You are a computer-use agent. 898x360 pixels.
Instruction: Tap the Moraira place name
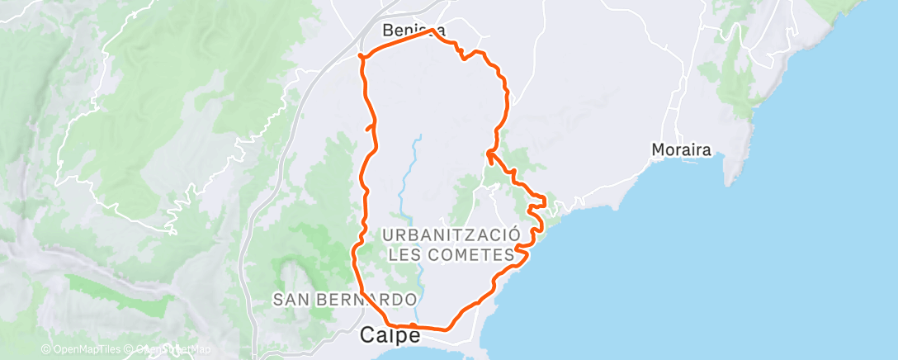click(x=682, y=150)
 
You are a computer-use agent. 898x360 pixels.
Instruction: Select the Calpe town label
click(x=391, y=336)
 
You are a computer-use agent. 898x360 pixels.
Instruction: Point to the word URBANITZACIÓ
click(x=451, y=234)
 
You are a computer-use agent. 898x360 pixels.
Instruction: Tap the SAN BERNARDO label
click(x=345, y=299)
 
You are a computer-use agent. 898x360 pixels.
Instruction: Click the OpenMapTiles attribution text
click(x=83, y=349)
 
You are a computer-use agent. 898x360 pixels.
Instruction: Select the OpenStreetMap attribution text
click(x=168, y=349)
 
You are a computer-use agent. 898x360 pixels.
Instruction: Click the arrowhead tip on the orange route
click(x=488, y=151)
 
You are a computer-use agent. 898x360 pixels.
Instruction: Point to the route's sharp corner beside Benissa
click(x=432, y=31)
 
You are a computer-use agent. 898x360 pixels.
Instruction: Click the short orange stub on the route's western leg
click(x=369, y=126)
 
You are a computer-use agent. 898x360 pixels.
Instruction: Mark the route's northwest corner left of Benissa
click(x=360, y=56)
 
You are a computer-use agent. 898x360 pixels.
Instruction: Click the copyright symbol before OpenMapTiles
click(x=45, y=349)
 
